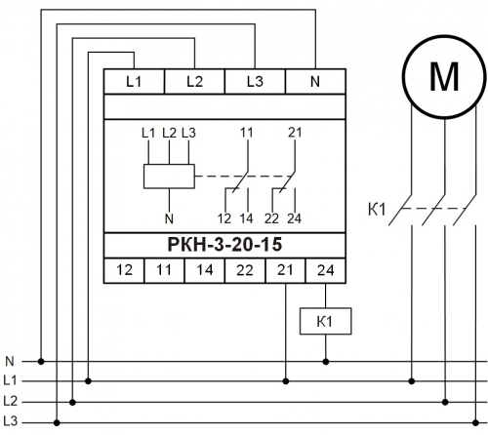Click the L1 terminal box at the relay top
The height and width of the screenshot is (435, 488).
pyautogui.click(x=134, y=81)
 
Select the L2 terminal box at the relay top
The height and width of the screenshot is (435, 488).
pyautogui.click(x=194, y=81)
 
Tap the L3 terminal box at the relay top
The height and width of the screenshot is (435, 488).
pyautogui.click(x=255, y=81)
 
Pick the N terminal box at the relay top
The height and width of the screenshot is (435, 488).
pyautogui.click(x=315, y=81)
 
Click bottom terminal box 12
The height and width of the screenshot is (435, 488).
pyautogui.click(x=124, y=270)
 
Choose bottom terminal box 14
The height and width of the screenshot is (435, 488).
pyautogui.click(x=205, y=270)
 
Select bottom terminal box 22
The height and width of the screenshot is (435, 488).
pyautogui.click(x=245, y=270)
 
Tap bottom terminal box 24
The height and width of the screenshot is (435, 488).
pyautogui.click(x=326, y=270)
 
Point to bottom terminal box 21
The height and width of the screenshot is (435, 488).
pyautogui.click(x=286, y=270)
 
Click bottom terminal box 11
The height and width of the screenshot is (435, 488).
pyautogui.click(x=164, y=270)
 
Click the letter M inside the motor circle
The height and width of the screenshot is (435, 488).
pyautogui.click(x=444, y=77)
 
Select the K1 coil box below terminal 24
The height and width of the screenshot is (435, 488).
pyautogui.click(x=325, y=321)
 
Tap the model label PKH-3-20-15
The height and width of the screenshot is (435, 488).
pyautogui.click(x=224, y=245)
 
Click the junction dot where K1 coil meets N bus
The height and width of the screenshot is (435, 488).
pyautogui.click(x=326, y=361)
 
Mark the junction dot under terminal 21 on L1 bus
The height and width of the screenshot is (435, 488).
pyautogui.click(x=286, y=381)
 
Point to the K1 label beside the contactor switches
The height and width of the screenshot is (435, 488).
pyautogui.click(x=377, y=210)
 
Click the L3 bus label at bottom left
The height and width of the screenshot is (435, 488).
pyautogui.click(x=10, y=421)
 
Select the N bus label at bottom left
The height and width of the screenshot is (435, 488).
pyautogui.click(x=10, y=361)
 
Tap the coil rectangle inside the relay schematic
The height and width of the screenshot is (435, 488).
pyautogui.click(x=169, y=177)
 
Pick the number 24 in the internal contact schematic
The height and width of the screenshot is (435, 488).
pyautogui.click(x=294, y=218)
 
